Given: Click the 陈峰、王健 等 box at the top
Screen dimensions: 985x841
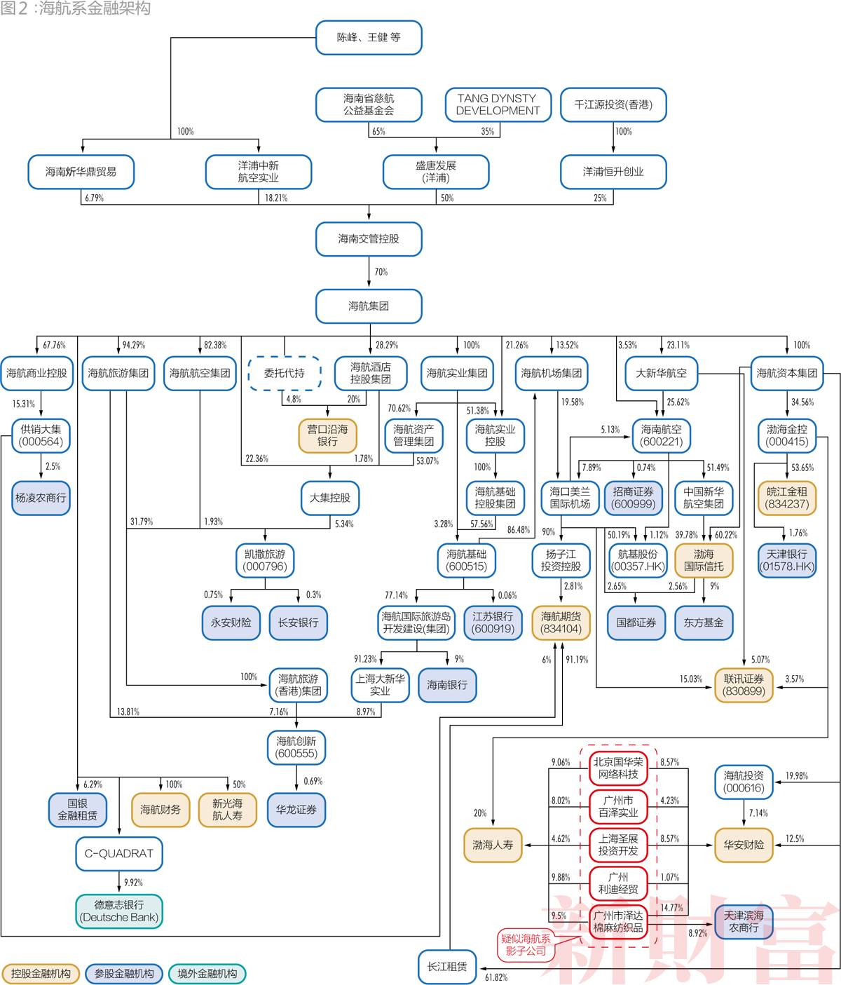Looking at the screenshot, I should point(369,37).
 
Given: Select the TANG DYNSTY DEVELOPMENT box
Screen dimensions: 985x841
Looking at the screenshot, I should point(498,104).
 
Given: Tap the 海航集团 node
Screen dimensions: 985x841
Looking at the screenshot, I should point(369,306).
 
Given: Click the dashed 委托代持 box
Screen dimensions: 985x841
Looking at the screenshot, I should point(284,373).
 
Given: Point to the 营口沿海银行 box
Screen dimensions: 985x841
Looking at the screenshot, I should point(327,435).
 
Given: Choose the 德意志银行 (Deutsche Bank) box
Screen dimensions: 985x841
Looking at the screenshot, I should point(119,911).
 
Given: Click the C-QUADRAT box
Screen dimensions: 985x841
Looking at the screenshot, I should point(118,853).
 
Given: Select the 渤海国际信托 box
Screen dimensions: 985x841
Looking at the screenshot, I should point(704,560).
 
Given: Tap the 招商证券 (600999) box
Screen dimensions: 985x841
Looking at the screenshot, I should point(633,498).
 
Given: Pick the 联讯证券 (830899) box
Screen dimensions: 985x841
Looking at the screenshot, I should point(744,685).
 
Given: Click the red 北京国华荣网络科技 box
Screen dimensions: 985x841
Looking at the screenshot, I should point(618,768).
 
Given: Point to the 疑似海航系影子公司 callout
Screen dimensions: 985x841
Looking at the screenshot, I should point(526,944).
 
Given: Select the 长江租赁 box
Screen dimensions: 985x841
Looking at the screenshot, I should point(447,967).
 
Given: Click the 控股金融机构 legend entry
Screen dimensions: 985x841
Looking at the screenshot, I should point(41,974).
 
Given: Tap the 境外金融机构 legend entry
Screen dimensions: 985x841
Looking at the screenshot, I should point(207,974).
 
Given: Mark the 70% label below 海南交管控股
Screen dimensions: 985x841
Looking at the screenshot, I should point(381,272).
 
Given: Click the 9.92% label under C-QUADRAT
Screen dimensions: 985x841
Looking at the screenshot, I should point(132,883).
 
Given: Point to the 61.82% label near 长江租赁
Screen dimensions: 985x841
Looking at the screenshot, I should point(495,977).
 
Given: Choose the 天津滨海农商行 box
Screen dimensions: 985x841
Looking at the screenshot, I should point(744,922).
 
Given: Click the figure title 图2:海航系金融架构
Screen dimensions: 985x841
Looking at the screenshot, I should point(76,8).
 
